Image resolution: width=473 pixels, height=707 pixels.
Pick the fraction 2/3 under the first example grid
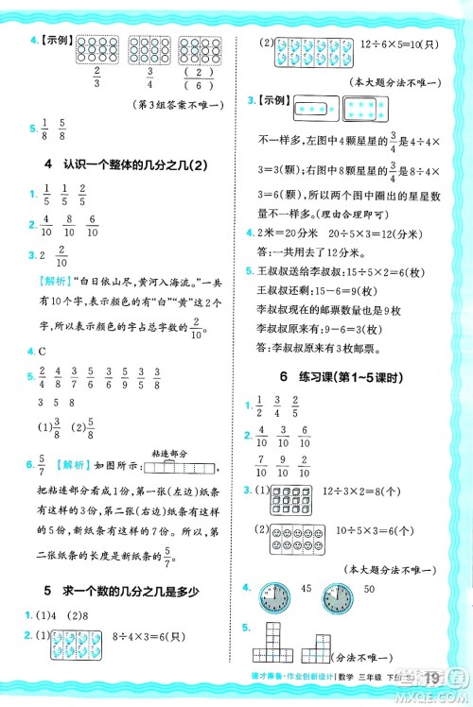(x=96, y=79)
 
